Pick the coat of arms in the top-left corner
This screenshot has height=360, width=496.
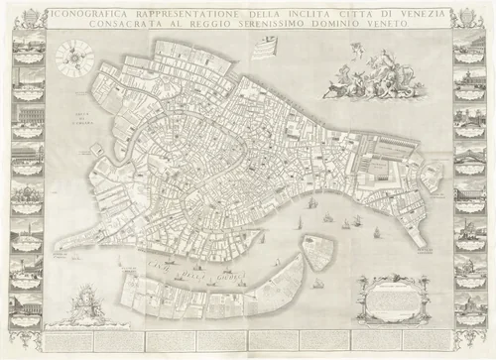pos(27,17)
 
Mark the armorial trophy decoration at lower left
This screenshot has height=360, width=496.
pos(87,301)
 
